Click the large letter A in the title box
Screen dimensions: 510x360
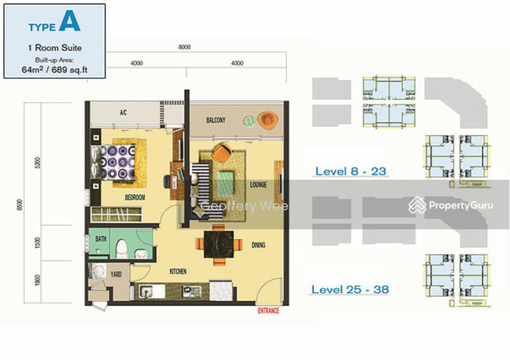69,21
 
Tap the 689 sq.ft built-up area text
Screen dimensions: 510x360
69,70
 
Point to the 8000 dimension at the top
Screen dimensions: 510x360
184,47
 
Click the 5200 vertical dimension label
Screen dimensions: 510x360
38,162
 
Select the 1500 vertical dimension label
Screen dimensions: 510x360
38,243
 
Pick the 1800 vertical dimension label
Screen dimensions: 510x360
38,280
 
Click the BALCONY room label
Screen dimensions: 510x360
215,120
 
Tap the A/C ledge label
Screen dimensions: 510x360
123,113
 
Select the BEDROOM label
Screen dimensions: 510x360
135,197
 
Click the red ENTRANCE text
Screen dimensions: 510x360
268,310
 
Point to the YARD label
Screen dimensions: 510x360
116,274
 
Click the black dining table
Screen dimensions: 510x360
219,244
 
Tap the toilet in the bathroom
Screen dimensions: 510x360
122,248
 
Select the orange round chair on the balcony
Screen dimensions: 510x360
268,120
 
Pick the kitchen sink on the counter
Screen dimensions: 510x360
148,291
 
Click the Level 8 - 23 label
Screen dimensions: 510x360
351,171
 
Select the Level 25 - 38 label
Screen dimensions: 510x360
350,289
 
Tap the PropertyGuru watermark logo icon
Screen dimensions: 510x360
417,205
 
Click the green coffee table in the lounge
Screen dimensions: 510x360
225,184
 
